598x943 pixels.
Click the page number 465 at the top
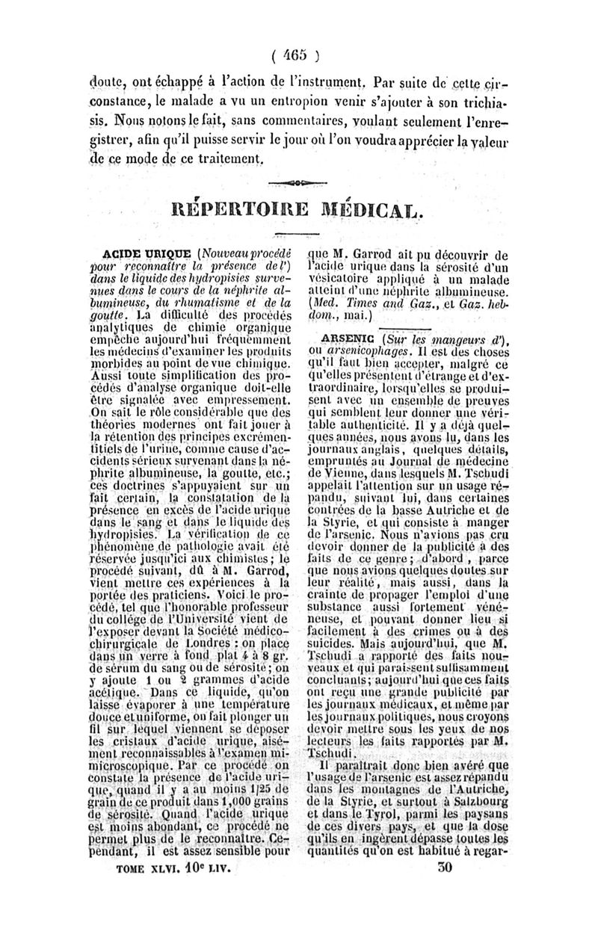pos(298,55)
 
